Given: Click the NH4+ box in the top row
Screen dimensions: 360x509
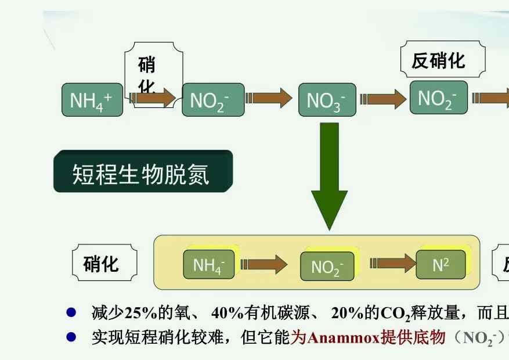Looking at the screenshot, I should (93, 100).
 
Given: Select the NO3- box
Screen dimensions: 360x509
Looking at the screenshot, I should (326, 100).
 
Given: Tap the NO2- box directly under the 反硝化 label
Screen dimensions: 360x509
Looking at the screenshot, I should (438, 98).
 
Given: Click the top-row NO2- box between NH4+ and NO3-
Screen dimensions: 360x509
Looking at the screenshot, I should (209, 100).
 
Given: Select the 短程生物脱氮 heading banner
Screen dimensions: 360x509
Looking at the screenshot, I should (143, 172).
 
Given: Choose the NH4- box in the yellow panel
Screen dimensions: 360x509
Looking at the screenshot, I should (209, 265).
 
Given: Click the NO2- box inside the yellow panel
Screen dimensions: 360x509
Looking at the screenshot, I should (326, 267).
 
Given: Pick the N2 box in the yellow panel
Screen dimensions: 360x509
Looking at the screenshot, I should (441, 265).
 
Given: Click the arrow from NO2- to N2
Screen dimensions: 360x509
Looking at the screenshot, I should (392, 264).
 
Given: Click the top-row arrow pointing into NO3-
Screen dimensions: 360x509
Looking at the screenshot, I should (268, 98).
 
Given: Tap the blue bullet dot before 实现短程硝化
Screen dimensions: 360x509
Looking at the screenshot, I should (71, 336).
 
